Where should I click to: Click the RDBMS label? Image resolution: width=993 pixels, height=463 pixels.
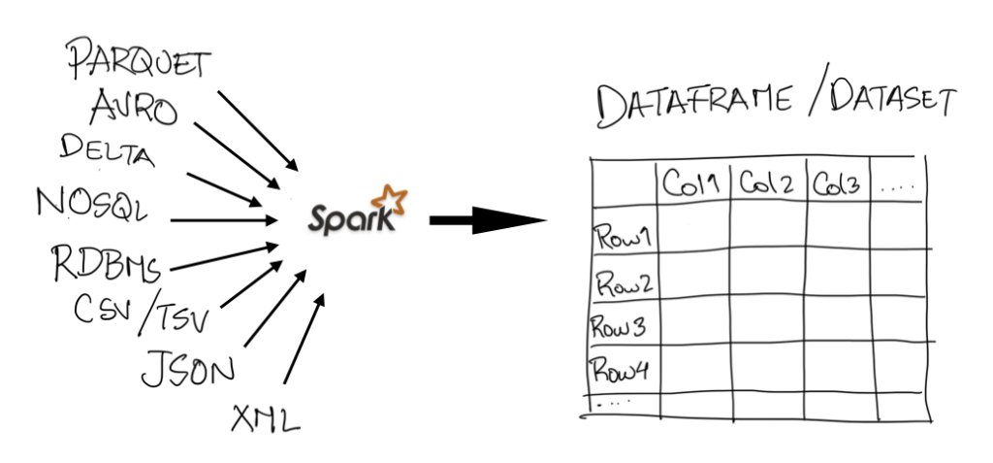coord(107,262)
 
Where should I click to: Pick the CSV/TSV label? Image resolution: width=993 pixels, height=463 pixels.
coord(144,312)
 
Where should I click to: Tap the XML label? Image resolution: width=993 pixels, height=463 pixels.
coord(265,419)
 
